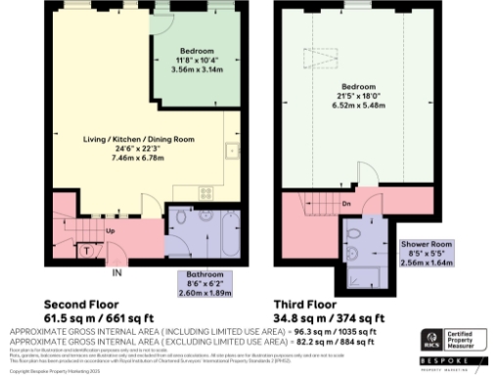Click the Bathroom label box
point(205,282)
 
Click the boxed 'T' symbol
point(88,251)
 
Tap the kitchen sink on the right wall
point(233,151)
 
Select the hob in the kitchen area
point(205,190)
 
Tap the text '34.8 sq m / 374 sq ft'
point(335,318)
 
